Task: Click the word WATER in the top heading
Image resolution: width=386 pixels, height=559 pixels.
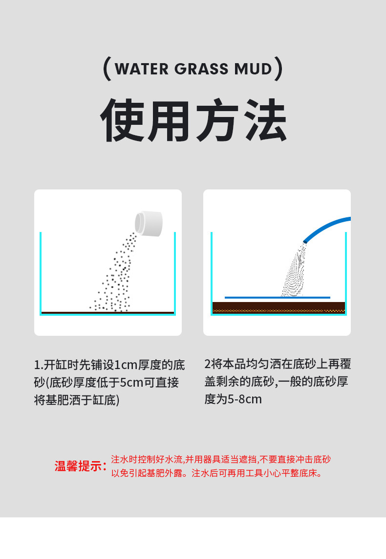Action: point(142,69)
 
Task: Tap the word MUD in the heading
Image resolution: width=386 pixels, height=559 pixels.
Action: point(253,69)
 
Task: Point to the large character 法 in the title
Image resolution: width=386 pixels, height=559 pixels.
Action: point(263,120)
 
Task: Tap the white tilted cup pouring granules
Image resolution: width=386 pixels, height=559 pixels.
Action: point(150,223)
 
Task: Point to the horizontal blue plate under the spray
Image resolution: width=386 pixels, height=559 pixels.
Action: point(277,297)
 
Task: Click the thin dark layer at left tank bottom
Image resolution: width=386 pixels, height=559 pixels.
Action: point(107,312)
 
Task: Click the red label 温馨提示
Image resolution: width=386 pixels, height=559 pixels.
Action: point(80,466)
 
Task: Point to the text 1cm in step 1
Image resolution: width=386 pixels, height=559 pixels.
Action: point(126,365)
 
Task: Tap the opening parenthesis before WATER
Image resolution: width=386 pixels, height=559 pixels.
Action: point(107,69)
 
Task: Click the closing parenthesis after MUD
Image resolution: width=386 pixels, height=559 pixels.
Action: point(279,69)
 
